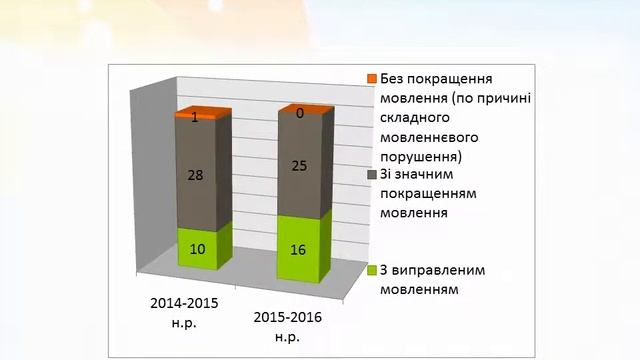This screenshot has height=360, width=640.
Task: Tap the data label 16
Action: [299, 245]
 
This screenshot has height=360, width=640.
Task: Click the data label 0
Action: [299, 114]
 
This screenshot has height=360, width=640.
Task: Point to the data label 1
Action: [196, 118]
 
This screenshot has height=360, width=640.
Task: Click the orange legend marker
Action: [371, 79]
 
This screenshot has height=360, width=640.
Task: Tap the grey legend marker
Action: [371, 175]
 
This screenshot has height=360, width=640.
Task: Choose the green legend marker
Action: [371, 270]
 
